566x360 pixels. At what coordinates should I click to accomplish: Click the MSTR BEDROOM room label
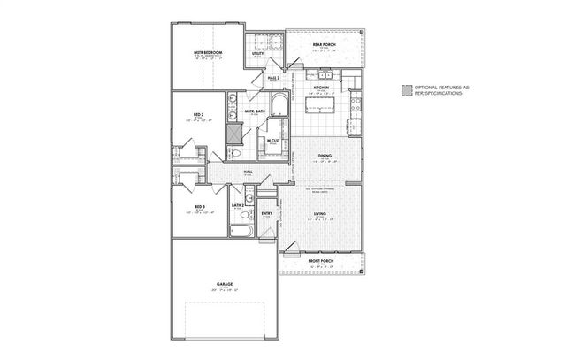(x=208, y=53)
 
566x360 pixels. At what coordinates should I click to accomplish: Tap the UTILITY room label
(x=258, y=53)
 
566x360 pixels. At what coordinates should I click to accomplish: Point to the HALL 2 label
(x=273, y=78)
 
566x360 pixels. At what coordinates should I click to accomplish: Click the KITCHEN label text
(x=322, y=88)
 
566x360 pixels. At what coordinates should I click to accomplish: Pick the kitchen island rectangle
(x=321, y=107)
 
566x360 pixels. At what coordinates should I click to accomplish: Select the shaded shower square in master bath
(x=234, y=133)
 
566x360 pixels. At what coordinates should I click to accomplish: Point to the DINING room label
(x=325, y=157)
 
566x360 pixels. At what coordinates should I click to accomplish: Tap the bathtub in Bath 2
(x=241, y=231)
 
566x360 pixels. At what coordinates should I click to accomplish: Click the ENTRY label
(x=266, y=212)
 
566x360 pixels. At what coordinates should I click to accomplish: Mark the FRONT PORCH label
(x=320, y=260)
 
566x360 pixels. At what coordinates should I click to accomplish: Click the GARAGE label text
(x=224, y=284)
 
